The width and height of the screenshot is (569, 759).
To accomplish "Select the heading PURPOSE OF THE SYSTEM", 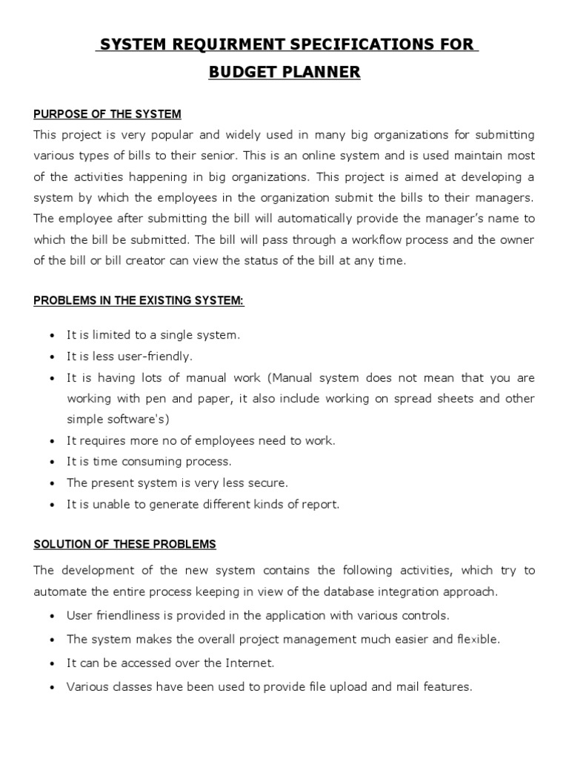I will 107,114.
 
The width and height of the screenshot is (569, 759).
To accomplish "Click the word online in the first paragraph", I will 288,156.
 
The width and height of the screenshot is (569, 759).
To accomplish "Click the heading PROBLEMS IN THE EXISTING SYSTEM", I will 139,300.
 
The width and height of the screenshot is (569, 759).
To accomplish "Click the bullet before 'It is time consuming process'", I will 51,462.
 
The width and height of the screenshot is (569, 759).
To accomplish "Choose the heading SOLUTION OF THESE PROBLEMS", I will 124,544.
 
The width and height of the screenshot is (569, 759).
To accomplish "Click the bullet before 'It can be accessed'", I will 51,663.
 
